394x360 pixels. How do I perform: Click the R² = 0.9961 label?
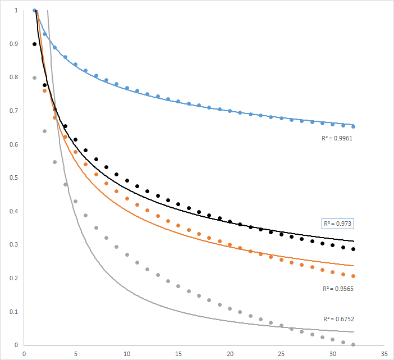click(337, 136)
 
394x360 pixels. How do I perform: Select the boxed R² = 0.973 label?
click(338, 224)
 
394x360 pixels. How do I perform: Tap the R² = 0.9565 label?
click(337, 289)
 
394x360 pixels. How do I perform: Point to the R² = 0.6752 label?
click(338, 318)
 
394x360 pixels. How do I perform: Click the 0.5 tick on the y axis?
click(13, 178)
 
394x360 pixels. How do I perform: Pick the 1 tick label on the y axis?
click(16, 11)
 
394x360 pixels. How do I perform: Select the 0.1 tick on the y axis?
click(13, 312)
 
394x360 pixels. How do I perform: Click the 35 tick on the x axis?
click(384, 354)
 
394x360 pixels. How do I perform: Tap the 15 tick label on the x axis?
click(178, 354)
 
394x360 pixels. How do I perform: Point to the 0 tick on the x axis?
click(24, 354)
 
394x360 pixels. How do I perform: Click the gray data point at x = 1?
click(34, 78)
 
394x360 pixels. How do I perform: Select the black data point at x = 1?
click(34, 44)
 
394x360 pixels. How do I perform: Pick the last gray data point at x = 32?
click(353, 344)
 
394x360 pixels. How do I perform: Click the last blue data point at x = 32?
click(353, 126)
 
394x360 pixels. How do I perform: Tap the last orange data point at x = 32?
click(353, 276)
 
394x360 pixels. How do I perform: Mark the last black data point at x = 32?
click(353, 249)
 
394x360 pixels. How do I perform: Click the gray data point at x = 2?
click(45, 131)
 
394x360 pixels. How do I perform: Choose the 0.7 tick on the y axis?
click(13, 111)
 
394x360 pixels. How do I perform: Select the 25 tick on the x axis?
click(281, 354)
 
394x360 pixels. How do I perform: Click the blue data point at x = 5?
click(76, 65)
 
